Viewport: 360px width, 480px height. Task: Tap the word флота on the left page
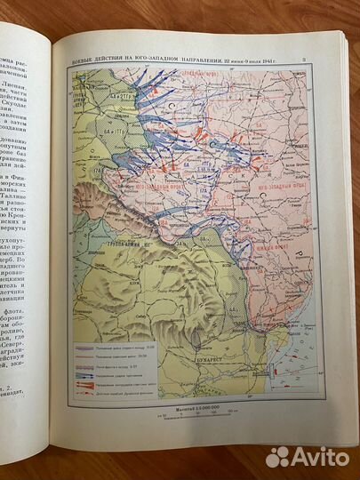coord(36,337)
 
